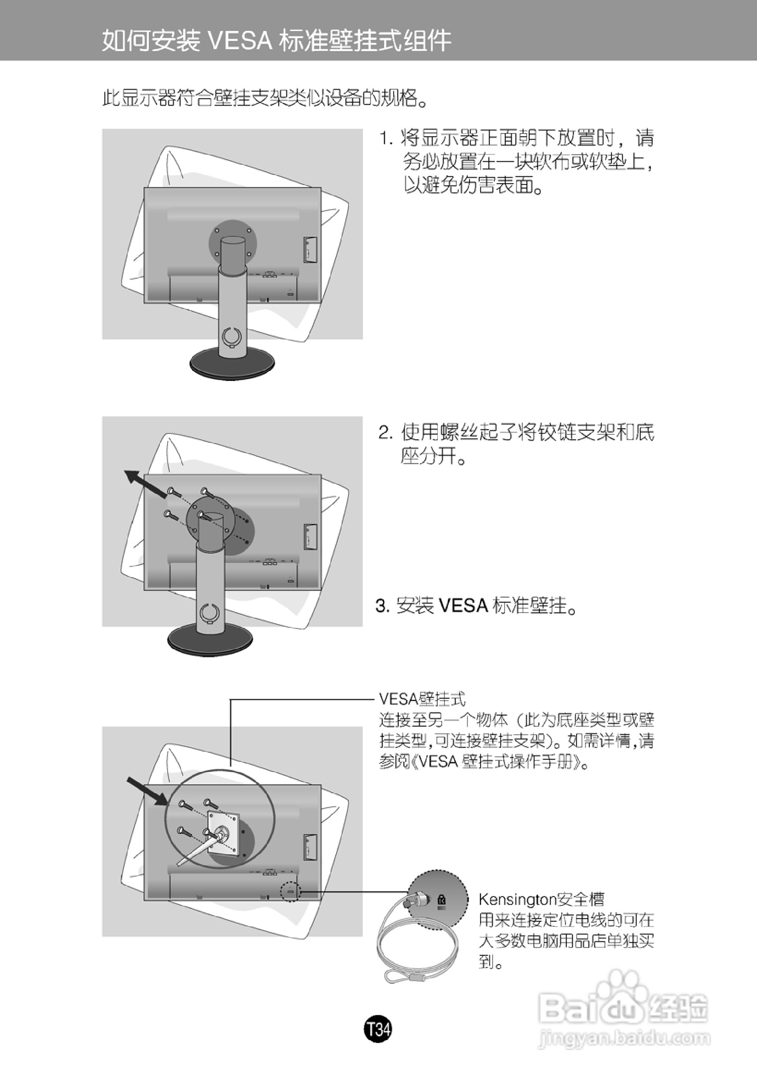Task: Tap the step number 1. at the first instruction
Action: [x=386, y=139]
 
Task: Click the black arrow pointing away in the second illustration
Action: [x=145, y=483]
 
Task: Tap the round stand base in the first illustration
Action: [x=233, y=364]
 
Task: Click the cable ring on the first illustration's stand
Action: [x=232, y=336]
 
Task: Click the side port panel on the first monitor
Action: [x=310, y=250]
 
